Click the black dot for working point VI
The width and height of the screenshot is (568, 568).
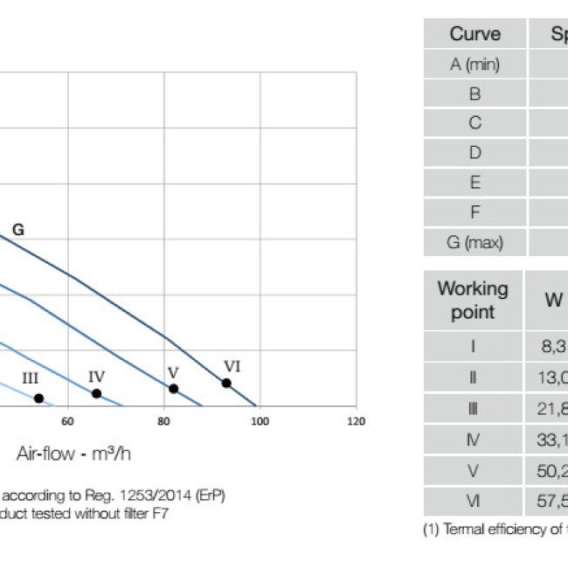[x=226, y=383]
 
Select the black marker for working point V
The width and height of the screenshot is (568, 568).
[x=173, y=388]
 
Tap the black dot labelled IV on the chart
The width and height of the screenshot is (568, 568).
[x=96, y=393]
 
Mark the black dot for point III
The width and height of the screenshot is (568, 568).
[x=38, y=398]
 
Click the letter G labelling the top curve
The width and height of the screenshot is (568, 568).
[x=17, y=231]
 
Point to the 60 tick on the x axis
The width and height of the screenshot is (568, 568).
[x=67, y=422]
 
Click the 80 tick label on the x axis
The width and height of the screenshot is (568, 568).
[x=163, y=422]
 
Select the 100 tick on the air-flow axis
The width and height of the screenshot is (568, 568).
[x=260, y=422]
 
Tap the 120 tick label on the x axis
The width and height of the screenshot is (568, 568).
[x=356, y=422]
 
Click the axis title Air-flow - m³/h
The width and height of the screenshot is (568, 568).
[x=73, y=454]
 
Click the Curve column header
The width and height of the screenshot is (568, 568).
[x=474, y=34]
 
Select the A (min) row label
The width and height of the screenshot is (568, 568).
[x=474, y=64]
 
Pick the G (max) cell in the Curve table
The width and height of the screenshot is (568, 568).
[x=474, y=242]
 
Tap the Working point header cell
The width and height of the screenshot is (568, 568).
[x=473, y=300]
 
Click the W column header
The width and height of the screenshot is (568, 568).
[x=554, y=300]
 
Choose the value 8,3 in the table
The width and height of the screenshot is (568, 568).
[x=552, y=345]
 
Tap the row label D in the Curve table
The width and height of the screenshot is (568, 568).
[x=474, y=153]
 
